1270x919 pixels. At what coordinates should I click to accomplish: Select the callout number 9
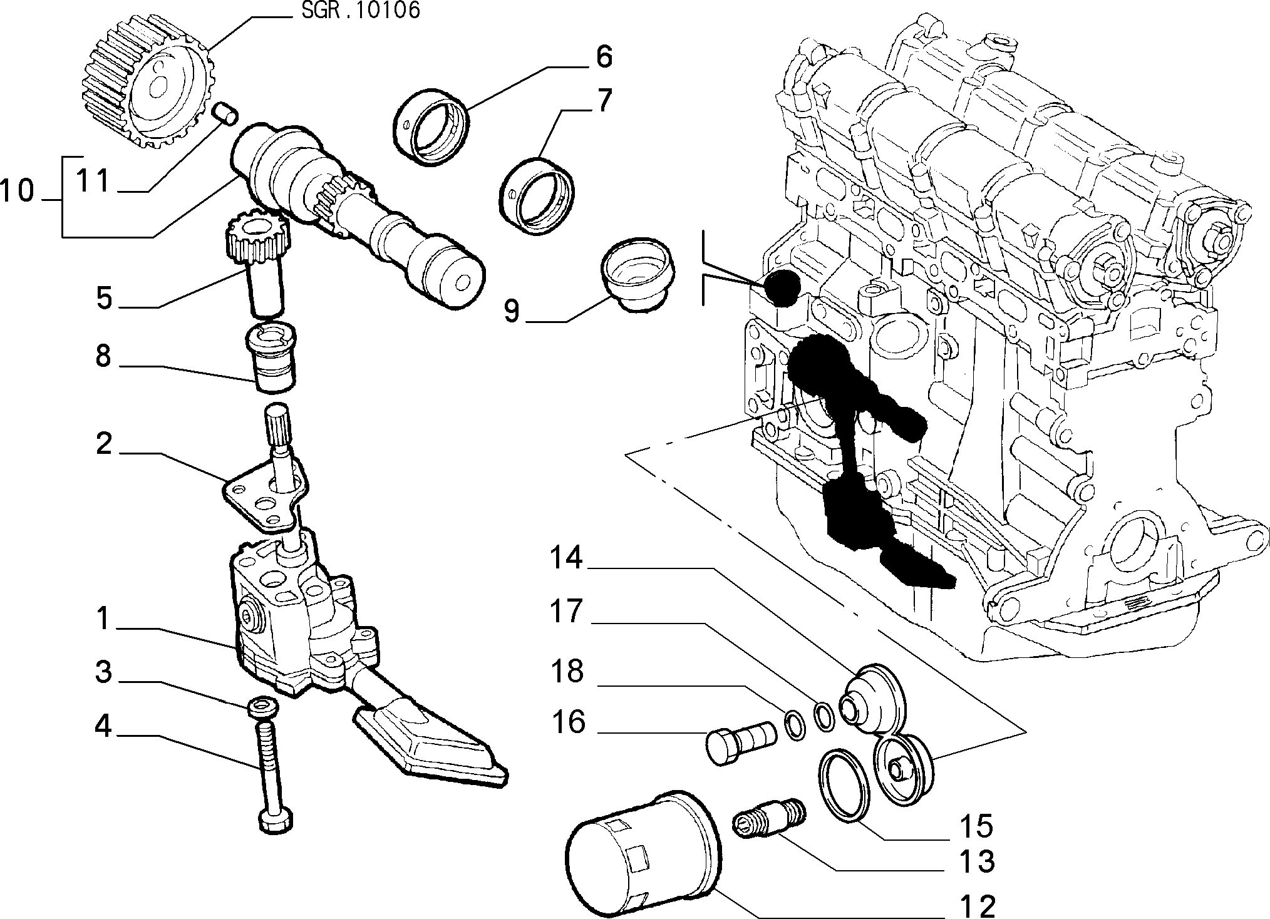pyautogui.click(x=512, y=311)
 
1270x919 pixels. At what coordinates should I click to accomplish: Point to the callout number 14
pyautogui.click(x=566, y=558)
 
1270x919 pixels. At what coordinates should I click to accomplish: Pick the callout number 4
pyautogui.click(x=103, y=727)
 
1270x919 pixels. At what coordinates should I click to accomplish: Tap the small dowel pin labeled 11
pyautogui.click(x=226, y=113)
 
